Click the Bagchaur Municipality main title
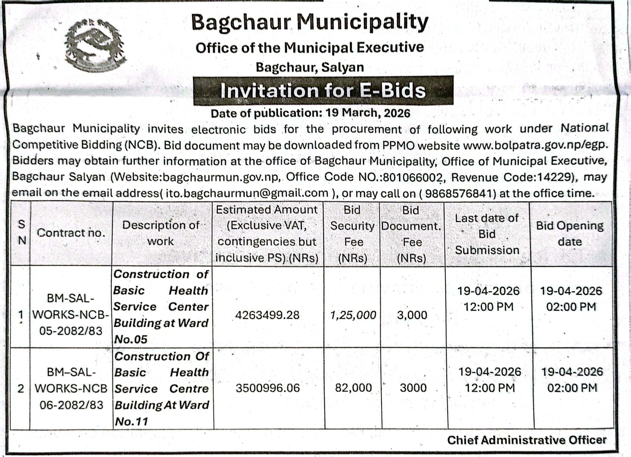point(310,22)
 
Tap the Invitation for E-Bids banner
point(323,91)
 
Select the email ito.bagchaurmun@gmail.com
point(247,193)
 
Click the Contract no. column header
point(71,233)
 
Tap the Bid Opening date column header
point(570,233)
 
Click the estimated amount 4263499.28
point(267,315)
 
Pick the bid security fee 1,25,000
point(353,315)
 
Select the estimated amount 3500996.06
point(268,388)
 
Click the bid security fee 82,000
point(353,388)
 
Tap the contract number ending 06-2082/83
point(71,405)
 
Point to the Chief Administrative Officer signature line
point(527,440)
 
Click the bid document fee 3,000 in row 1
point(412,315)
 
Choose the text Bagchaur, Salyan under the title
point(310,67)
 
